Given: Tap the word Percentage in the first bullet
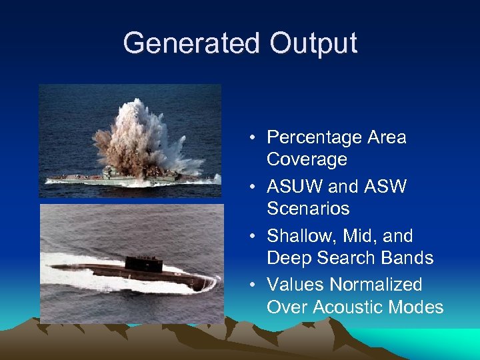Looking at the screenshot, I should coord(313,137).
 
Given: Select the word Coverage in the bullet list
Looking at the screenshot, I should coord(307,159).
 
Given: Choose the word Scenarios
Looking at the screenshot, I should coord(308,209).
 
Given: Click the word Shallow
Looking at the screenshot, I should coord(297,236).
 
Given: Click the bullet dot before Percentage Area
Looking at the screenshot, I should coord(255,138).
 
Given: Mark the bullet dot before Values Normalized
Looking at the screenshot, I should coord(255,285).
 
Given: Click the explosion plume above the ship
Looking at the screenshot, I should coord(137,137).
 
